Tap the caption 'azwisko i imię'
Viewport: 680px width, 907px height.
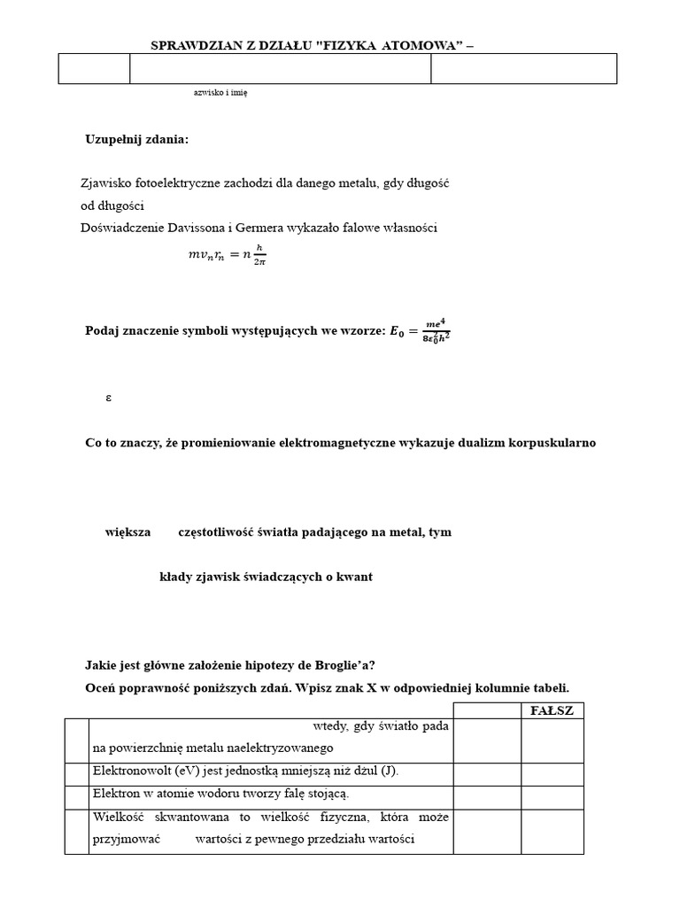[220, 92]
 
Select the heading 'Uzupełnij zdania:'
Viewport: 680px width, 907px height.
[136, 139]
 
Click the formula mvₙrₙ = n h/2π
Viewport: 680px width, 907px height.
[227, 254]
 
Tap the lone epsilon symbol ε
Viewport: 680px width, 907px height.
[108, 398]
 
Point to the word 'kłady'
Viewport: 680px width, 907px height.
[174, 577]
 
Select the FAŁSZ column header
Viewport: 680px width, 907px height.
[551, 710]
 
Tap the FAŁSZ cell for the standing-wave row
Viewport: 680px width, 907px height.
[551, 794]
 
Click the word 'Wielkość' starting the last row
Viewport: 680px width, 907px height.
[116, 817]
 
